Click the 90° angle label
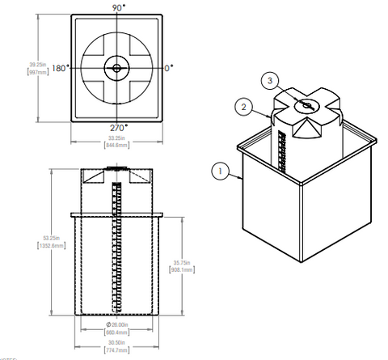[118, 7]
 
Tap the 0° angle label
[170, 68]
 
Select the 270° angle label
[118, 128]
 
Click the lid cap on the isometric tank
[306, 106]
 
